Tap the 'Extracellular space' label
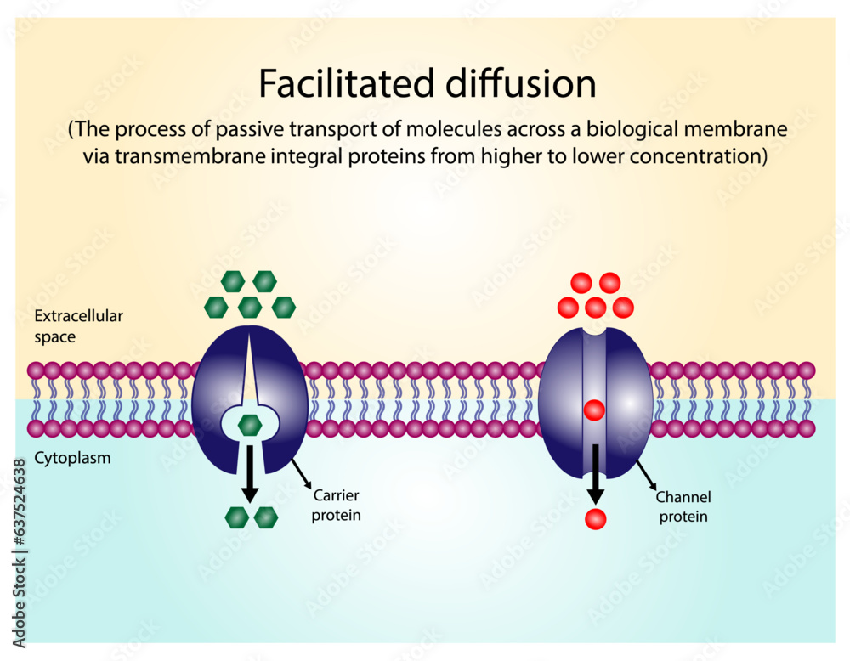(78, 326)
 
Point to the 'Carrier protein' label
(337, 506)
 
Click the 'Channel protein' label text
(683, 506)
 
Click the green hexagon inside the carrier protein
(250, 425)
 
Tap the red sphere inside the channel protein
(594, 410)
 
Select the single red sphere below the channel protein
(596, 517)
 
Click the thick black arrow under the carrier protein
(249, 474)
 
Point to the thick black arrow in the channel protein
(595, 472)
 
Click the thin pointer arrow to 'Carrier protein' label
(300, 473)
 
